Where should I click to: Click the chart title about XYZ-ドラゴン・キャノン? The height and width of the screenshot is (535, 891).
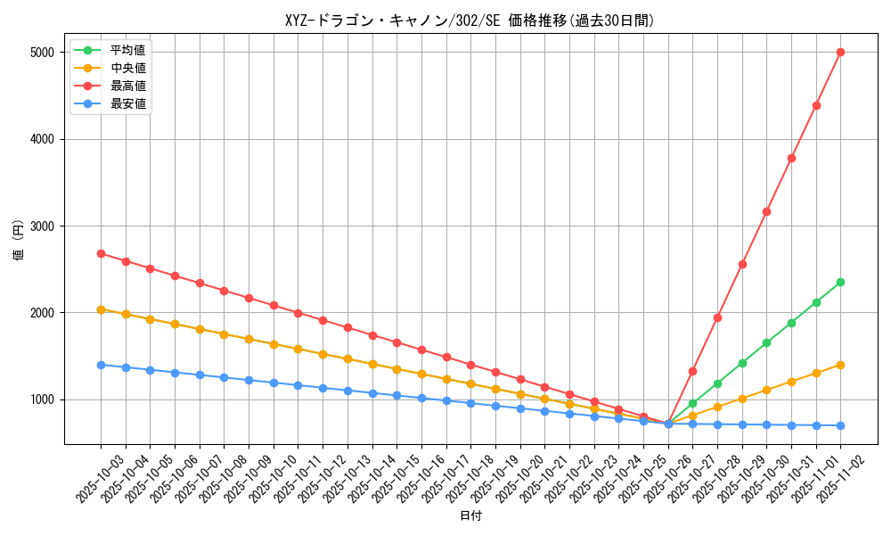[x=470, y=21]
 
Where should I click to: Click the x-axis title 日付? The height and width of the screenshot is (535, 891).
[x=470, y=516]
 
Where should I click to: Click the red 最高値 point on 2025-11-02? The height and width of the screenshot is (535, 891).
[x=840, y=52]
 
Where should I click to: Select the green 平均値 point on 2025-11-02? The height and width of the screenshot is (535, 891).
[x=840, y=282]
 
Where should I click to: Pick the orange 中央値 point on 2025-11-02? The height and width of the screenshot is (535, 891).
[x=840, y=365]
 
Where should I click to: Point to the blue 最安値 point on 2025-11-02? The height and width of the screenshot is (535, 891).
[x=840, y=425]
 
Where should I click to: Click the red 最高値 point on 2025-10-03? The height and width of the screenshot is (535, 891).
[x=101, y=253]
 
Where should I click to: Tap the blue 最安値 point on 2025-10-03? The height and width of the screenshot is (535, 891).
[x=101, y=365]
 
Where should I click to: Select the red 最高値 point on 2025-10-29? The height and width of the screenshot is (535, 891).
[x=741, y=264]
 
